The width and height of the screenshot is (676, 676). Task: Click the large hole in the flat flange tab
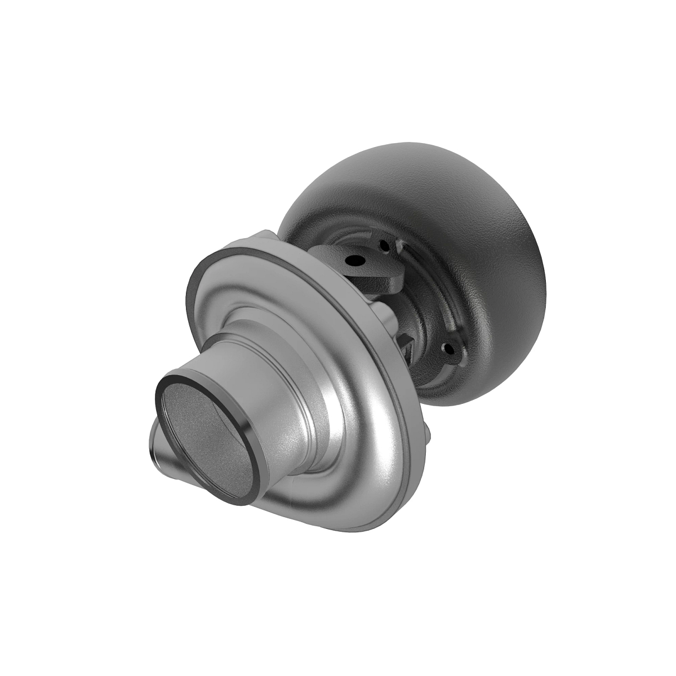356,261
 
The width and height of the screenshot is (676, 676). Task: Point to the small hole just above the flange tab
384,245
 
